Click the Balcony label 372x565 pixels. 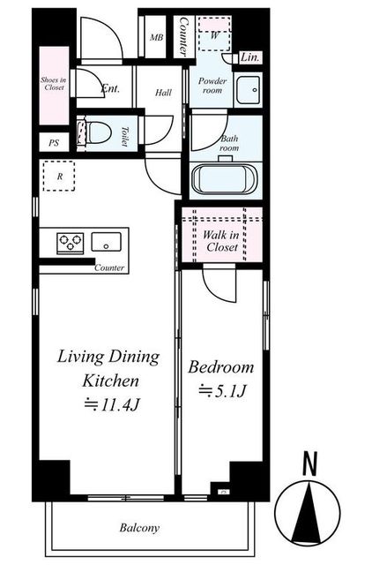coord(139,528)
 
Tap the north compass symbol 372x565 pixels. coord(308,512)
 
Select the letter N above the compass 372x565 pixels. coord(309,464)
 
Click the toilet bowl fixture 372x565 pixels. coord(95,132)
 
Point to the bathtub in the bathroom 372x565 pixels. coord(225,179)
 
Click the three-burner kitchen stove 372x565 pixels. coord(71,244)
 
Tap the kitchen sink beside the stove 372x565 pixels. coord(106,242)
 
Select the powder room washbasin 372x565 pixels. coord(249,90)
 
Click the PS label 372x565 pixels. coord(54,143)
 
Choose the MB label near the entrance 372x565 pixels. coord(157,37)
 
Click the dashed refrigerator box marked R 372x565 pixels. coord(59,176)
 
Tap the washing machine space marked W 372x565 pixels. coord(215,34)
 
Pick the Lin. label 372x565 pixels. coord(249,57)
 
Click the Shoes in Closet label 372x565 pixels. coord(53,84)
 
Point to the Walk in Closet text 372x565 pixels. coord(221,241)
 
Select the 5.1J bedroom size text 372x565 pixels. coord(222,390)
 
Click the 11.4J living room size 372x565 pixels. coord(112,405)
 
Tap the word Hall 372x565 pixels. coord(163,93)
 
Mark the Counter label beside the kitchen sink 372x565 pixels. coord(109,267)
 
